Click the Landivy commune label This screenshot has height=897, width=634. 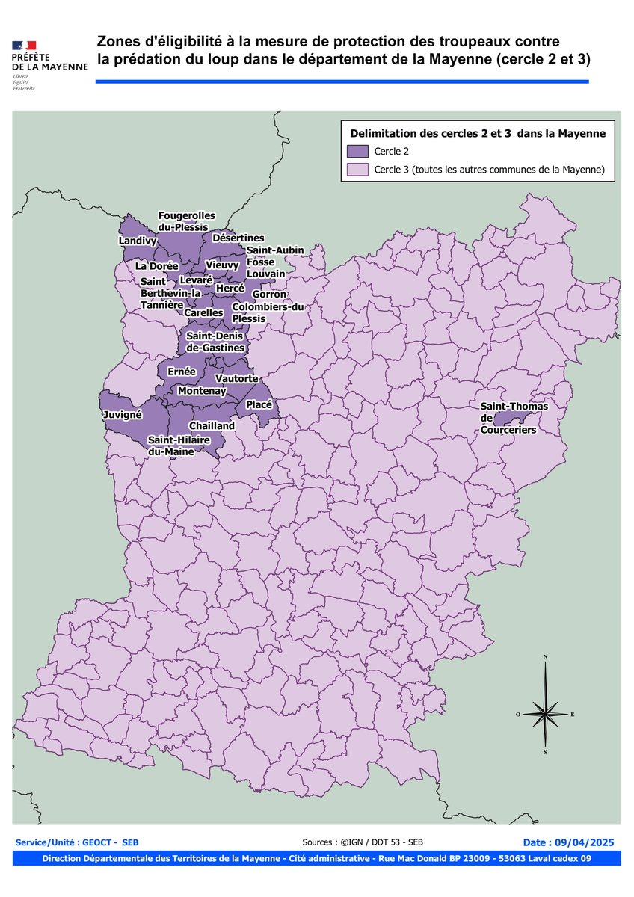tap(138, 241)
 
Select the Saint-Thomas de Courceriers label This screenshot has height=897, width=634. tap(514, 418)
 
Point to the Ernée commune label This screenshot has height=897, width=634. tap(182, 372)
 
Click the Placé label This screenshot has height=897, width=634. tap(258, 404)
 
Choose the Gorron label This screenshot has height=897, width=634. tap(269, 295)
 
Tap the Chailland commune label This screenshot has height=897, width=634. tap(212, 425)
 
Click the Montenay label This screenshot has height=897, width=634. tap(202, 391)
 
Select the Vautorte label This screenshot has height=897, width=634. tap(236, 379)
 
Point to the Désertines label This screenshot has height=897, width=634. tap(238, 238)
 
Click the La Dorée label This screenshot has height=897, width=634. tap(156, 265)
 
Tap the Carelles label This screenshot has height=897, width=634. tap(203, 312)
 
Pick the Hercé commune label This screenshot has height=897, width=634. tap(230, 288)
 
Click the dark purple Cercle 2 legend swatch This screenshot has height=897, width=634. tap(358, 150)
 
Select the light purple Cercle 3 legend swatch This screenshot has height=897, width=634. tap(358, 170)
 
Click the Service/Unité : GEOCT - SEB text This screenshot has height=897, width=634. tap(76, 842)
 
